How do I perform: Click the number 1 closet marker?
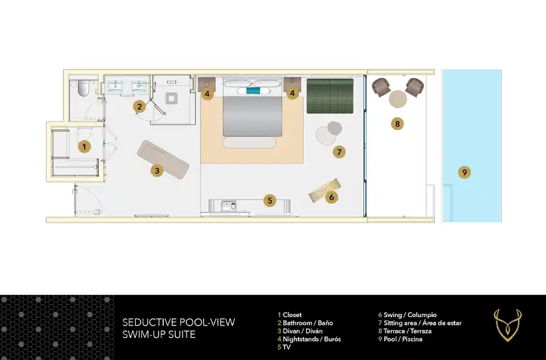pos(84,147)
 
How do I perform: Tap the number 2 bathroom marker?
pos(140,107)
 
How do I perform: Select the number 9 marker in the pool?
pos(465,172)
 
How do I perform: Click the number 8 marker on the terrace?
pos(397,123)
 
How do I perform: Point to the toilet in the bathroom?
pos(84,88)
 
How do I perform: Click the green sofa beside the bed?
pos(330,96)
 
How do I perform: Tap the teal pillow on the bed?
pos(253,90)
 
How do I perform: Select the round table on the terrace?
pos(398,99)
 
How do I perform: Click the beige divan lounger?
pos(163,159)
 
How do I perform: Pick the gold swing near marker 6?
pos(324,190)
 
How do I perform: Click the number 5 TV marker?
pos(270,200)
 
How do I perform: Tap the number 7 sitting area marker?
pos(339,152)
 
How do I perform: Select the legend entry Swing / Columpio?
pos(408,315)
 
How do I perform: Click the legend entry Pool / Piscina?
pos(400,339)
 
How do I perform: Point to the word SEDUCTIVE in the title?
pos(148,322)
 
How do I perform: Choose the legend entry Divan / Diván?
pos(300,331)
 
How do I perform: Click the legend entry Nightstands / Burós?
pos(309,339)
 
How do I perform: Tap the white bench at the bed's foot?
pos(250,143)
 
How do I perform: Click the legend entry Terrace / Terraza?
pos(405,331)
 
